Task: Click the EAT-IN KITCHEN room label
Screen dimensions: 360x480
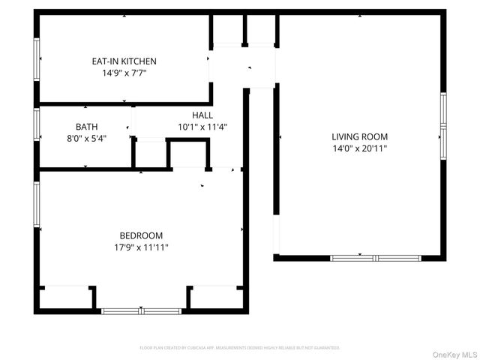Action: (124, 61)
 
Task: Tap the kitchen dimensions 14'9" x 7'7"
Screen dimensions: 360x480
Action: (124, 73)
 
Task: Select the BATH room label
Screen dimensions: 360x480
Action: (86, 127)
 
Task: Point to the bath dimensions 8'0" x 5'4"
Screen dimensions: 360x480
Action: (86, 139)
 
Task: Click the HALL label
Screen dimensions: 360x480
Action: (202, 115)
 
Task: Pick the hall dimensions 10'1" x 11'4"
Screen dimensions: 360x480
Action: (202, 127)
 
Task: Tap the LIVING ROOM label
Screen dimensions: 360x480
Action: (360, 136)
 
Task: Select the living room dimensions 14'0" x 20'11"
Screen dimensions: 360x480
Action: (360, 148)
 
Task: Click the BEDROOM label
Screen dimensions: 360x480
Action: (141, 235)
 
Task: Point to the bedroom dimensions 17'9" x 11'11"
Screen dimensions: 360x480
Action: (141, 247)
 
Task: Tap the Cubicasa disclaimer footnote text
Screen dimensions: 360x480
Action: (240, 348)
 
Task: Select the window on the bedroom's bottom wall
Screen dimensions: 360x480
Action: (141, 310)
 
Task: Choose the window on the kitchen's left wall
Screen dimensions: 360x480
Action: (36, 58)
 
